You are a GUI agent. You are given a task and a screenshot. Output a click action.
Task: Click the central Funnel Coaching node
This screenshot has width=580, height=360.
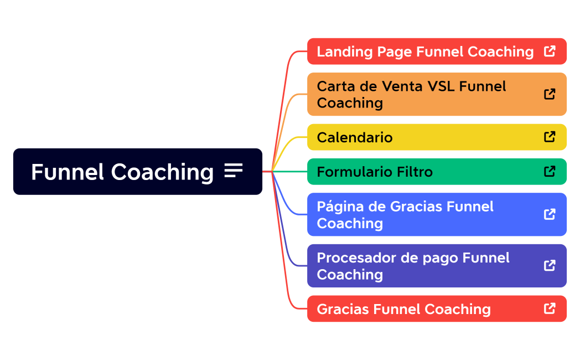coord(122,172)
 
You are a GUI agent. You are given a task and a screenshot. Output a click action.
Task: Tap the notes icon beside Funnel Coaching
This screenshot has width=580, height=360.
coord(234,171)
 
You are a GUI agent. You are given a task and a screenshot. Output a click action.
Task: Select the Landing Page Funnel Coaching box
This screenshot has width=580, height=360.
coord(425,52)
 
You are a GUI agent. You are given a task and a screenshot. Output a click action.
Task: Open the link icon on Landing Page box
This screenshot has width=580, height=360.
coord(550,52)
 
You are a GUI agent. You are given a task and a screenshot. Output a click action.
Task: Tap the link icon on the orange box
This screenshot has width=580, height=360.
coord(550,94)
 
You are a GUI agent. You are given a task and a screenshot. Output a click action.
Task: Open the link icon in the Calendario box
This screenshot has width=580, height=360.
coord(550,137)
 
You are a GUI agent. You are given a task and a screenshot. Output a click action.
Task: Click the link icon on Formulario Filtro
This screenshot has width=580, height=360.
coord(550,171)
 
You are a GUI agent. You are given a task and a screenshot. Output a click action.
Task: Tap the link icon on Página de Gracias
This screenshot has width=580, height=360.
coord(550,214)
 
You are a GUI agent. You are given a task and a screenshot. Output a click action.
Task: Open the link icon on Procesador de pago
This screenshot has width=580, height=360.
coord(550,265)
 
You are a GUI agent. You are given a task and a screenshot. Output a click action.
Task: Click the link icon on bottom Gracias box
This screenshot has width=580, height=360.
coord(550,308)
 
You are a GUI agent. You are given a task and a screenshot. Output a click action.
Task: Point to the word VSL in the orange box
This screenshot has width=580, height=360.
coord(441,86)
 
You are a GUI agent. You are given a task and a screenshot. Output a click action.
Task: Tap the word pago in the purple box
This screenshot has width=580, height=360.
coord(441,259)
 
